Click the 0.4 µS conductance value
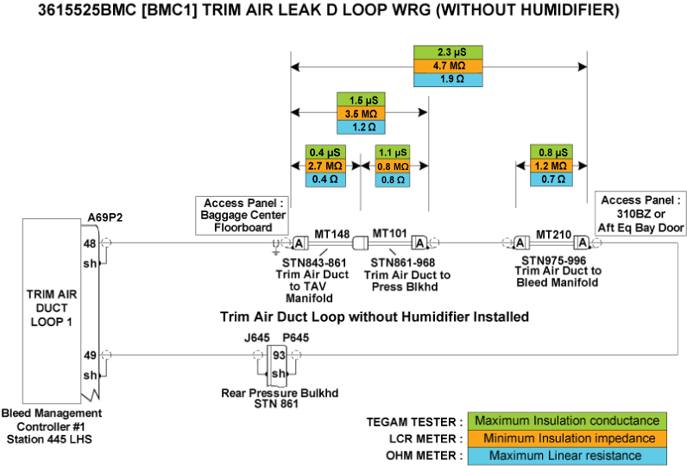click(x=325, y=152)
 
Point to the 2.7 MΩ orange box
click(x=325, y=166)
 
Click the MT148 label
click(x=331, y=233)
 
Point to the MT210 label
click(x=553, y=233)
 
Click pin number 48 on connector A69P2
click(x=89, y=243)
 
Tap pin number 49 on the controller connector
click(x=89, y=354)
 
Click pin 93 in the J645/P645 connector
click(x=279, y=354)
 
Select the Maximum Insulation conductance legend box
click(x=567, y=421)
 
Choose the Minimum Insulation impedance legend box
click(x=567, y=438)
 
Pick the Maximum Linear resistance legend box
click(x=567, y=455)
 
